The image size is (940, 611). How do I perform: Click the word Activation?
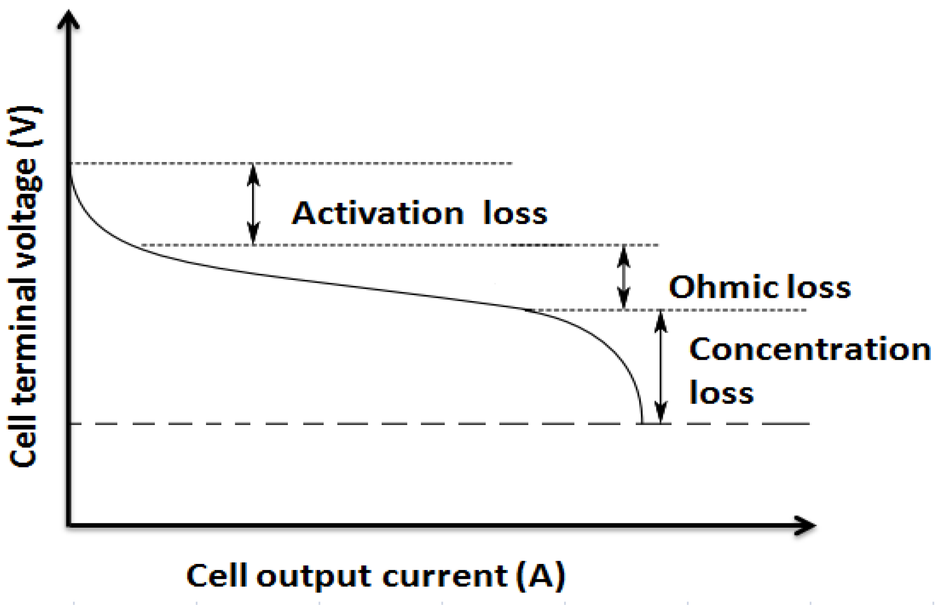(x=378, y=213)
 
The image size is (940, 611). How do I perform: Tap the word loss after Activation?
(x=515, y=213)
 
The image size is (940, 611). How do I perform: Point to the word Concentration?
(x=810, y=350)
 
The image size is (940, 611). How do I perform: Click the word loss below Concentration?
(x=721, y=392)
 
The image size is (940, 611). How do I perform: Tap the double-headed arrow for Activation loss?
(x=253, y=204)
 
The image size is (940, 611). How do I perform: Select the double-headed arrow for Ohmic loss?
(x=624, y=278)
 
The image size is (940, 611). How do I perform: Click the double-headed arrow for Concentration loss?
(x=661, y=367)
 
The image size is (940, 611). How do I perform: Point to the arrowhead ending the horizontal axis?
(x=805, y=525)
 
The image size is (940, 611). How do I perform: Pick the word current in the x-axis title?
(x=444, y=577)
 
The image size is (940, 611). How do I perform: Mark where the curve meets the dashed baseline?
(x=642, y=423)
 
